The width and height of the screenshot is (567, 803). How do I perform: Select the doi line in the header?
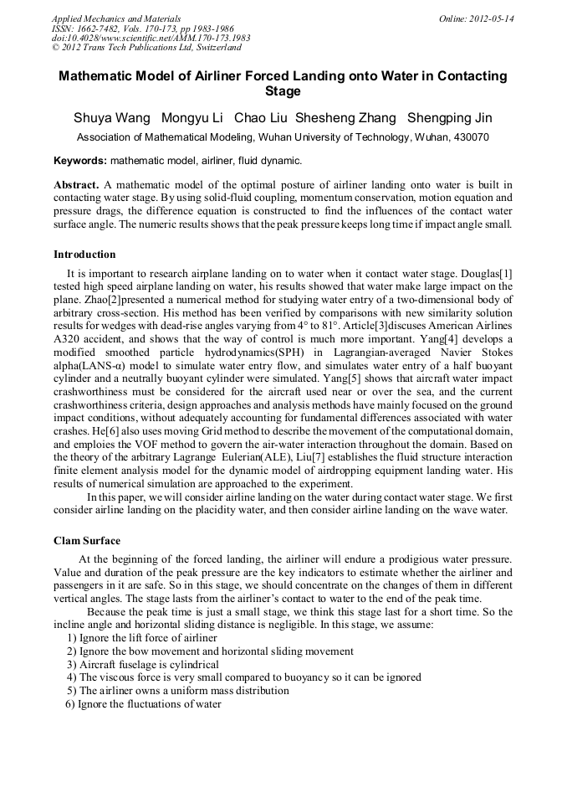(151, 39)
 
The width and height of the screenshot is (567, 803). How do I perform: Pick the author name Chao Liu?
(261, 117)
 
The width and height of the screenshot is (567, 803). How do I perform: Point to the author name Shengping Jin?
(449, 117)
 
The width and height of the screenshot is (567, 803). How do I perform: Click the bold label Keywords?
(80, 160)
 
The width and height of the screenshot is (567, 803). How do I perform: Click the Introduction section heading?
(84, 255)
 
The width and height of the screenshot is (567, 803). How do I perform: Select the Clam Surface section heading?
(87, 541)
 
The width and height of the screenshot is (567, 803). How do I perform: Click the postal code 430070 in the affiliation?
(470, 137)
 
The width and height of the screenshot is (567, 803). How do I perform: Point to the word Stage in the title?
(283, 91)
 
